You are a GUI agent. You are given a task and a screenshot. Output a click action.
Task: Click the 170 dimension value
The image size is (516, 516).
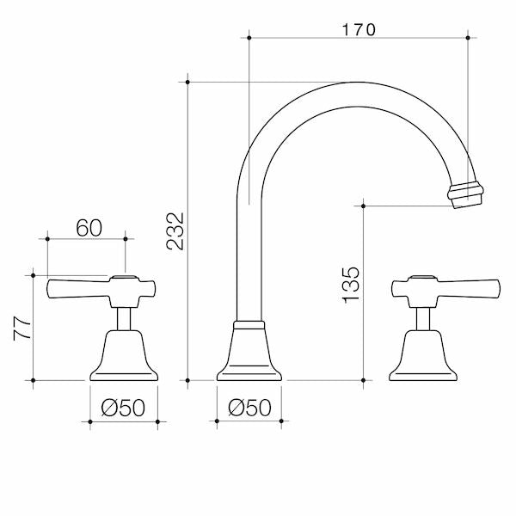pyautogui.click(x=359, y=28)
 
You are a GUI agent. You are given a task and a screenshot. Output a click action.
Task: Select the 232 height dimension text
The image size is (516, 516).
pyautogui.click(x=175, y=230)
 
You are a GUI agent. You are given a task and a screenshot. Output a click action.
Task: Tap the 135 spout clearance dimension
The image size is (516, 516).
pyautogui.click(x=350, y=285)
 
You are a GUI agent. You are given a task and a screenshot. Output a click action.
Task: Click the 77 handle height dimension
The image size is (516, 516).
pyautogui.click(x=22, y=328)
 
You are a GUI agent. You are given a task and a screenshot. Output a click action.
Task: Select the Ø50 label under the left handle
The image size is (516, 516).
pyautogui.click(x=124, y=408)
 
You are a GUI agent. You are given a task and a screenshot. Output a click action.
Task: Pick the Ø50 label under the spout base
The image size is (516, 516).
pyautogui.click(x=250, y=408)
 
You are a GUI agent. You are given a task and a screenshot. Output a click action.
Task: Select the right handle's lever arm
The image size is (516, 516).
pyautogui.click(x=469, y=288)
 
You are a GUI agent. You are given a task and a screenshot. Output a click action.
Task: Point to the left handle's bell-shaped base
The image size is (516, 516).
pyautogui.click(x=124, y=353)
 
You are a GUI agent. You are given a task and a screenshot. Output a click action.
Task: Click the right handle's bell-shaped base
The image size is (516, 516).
pyautogui.click(x=422, y=353)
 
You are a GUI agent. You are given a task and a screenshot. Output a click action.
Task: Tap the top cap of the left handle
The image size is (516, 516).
pyautogui.click(x=124, y=278)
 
